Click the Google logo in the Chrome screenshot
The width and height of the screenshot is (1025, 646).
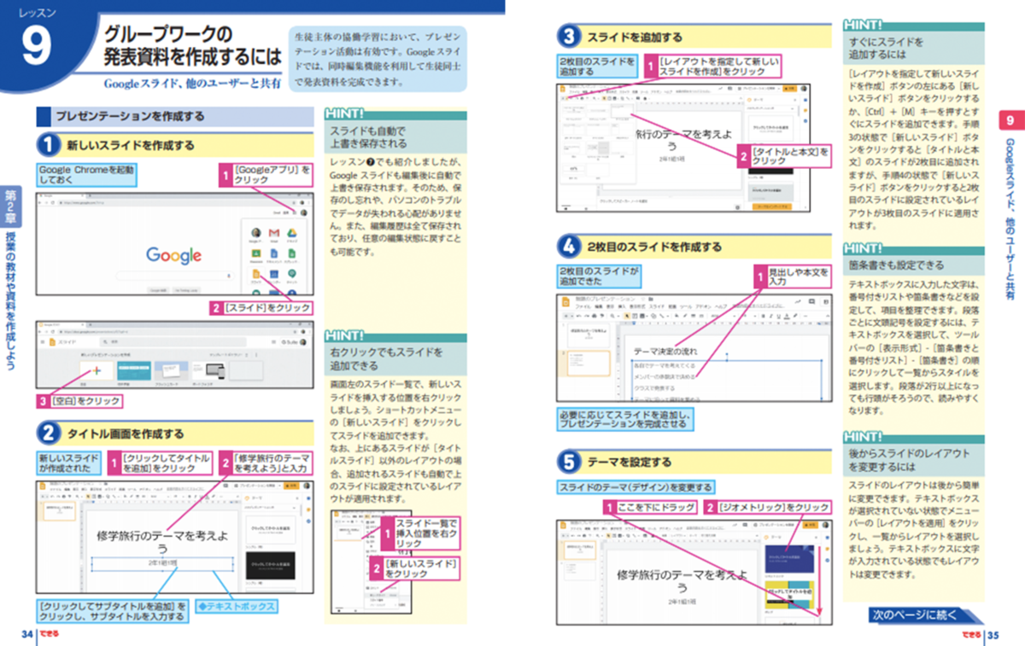[x=173, y=255]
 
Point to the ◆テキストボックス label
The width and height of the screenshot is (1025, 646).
[x=236, y=606]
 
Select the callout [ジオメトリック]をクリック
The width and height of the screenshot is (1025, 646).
[x=772, y=508]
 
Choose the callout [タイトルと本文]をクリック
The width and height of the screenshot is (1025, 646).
[x=790, y=155]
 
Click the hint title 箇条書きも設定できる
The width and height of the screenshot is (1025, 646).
[x=896, y=265]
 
